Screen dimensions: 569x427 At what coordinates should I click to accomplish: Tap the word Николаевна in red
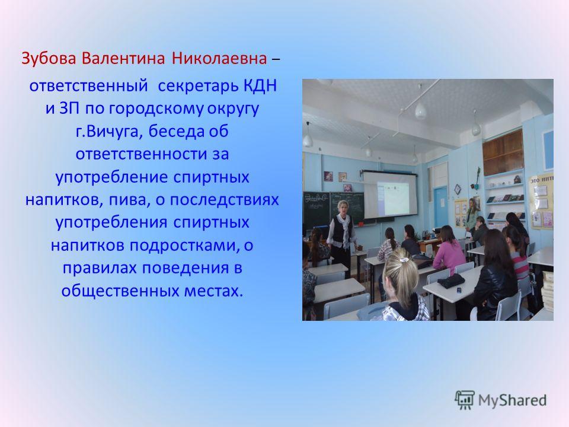[x=219, y=58]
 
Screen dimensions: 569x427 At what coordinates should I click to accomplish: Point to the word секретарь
[x=197, y=87]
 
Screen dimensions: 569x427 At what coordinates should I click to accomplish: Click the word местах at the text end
[x=213, y=291]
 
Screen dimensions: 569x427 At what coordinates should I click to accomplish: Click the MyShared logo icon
[x=465, y=400]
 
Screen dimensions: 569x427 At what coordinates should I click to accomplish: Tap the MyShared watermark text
[x=512, y=400]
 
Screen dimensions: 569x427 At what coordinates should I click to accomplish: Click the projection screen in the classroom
[x=391, y=195]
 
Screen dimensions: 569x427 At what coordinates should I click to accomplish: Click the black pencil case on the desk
[x=451, y=281]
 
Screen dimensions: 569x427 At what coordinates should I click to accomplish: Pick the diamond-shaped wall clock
[x=457, y=189]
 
